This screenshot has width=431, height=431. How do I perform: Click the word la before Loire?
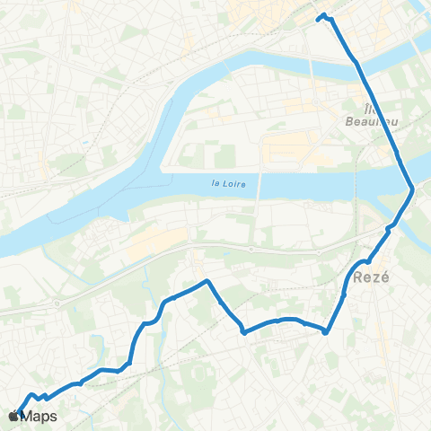pos(214,184)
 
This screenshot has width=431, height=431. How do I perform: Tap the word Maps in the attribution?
pos(40,416)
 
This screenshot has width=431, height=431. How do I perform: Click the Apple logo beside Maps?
pos(13,416)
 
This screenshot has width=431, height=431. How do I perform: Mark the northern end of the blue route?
pos(322,16)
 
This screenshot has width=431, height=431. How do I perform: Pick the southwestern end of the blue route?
pos(19,414)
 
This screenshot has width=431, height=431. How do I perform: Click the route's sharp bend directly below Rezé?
pos(325,330)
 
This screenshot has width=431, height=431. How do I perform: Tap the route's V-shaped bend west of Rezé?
pos(244,331)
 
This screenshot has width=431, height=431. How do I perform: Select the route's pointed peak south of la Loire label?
pos(208,281)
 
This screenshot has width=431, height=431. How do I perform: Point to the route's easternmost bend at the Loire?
pos(412,189)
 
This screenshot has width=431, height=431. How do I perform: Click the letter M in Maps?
pos(28,416)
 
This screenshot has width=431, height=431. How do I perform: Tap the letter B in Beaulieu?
pos(349,119)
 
